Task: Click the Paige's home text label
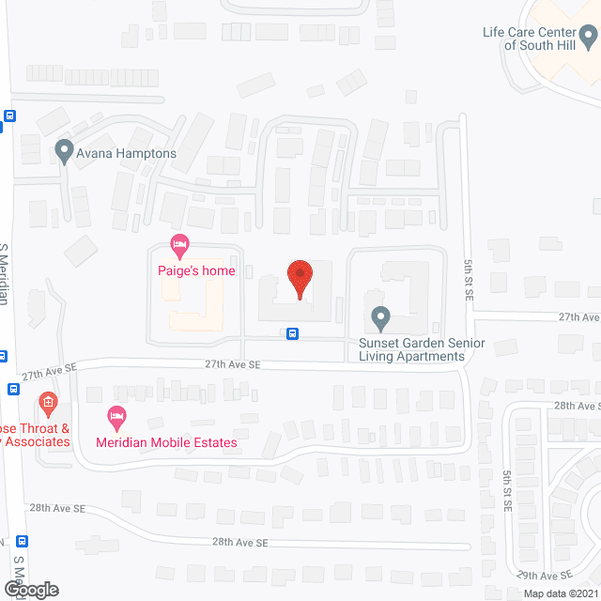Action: [x=196, y=271]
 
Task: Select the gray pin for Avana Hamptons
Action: [x=64, y=150]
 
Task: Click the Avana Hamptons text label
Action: [x=127, y=154]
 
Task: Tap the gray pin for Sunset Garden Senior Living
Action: [x=380, y=318]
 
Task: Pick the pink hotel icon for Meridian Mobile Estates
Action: [x=116, y=415]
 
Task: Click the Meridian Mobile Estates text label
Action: [x=165, y=441]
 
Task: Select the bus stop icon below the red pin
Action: [x=293, y=333]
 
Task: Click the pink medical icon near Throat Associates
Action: [x=48, y=407]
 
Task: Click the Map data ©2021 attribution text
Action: [x=560, y=593]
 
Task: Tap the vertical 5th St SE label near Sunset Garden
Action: [x=468, y=278]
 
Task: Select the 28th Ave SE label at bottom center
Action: [x=239, y=542]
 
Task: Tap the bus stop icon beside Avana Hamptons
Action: [x=10, y=116]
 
